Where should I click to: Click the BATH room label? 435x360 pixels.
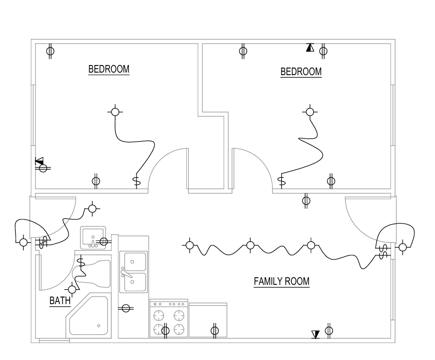pos(60,300)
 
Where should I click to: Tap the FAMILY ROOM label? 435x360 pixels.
pos(282,281)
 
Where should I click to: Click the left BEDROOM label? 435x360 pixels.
pos(109,69)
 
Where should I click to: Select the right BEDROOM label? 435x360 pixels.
pos(301,72)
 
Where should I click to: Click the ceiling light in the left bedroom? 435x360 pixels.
pos(115,112)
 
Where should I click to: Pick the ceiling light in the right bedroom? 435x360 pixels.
pos(310,112)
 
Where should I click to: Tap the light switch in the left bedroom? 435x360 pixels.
pos(137,182)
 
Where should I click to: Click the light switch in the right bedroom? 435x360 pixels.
pos(282,181)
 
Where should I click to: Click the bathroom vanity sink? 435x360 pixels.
pos(93,238)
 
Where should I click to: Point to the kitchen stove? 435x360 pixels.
pos(169,318)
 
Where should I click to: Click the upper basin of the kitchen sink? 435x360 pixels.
pos(135,261)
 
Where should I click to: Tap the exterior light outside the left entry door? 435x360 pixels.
pos(23,242)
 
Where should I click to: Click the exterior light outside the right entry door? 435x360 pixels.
pos(403,247)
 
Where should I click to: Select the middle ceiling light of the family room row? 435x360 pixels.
pos(250,245)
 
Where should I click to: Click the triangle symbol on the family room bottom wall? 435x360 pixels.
pos(315,335)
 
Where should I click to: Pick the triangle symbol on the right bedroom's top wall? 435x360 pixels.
pos(310,47)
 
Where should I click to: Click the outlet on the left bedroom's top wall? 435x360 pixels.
pos(50,51)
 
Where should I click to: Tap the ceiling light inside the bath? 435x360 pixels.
pos(72,289)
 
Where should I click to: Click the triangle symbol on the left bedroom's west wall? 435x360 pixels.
pos(40,161)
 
